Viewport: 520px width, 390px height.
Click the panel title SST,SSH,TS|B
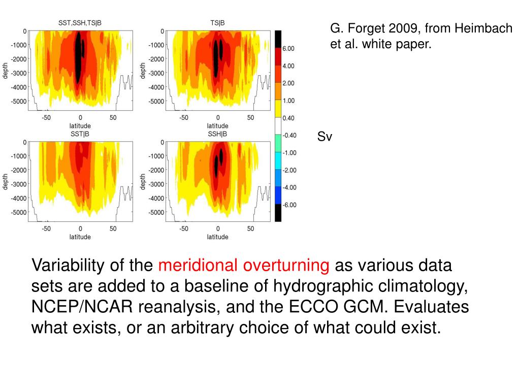(80, 23)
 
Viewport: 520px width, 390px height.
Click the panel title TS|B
(217, 23)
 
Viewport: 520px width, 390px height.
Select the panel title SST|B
(80, 134)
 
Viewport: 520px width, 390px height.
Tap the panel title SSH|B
(217, 134)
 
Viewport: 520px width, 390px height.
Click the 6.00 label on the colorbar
(288, 48)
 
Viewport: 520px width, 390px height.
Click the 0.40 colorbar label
(288, 118)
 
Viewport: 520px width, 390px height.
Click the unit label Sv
(324, 137)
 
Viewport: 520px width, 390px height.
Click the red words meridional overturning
(244, 265)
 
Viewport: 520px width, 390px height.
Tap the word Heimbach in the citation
(483, 29)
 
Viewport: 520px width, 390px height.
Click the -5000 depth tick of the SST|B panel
(19, 212)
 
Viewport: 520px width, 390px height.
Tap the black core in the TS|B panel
(217, 56)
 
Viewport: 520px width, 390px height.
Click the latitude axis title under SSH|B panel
(217, 237)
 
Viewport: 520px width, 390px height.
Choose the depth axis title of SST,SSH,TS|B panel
(6, 71)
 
